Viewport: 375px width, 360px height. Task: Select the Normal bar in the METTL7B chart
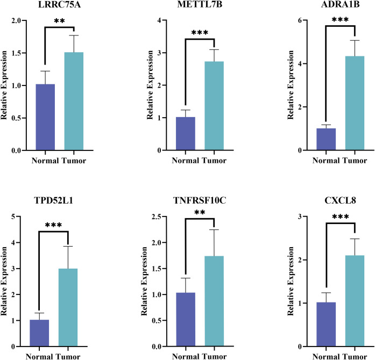coord(186,134)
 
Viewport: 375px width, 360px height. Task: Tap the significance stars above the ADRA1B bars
coord(341,20)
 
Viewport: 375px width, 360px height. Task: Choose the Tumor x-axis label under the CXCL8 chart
coord(357,355)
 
